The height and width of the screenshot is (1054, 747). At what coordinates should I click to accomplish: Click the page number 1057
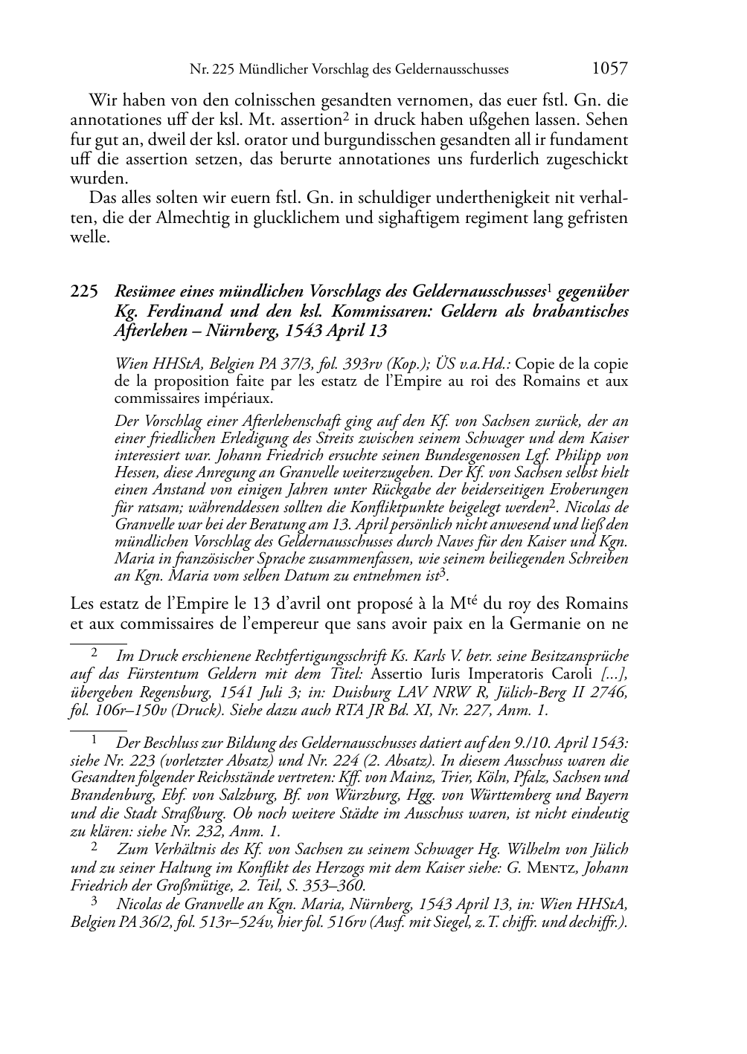pyautogui.click(x=609, y=69)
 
